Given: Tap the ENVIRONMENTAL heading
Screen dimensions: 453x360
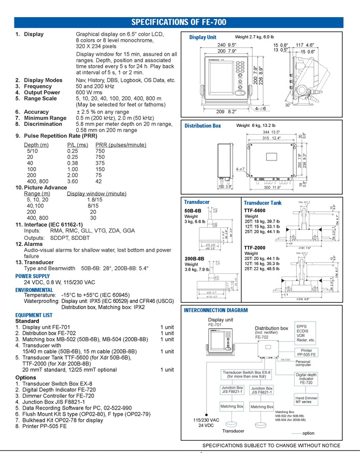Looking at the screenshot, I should [34, 290].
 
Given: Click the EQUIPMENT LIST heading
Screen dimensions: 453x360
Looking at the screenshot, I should [34, 315].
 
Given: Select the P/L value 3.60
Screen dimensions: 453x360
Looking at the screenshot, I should [74, 182].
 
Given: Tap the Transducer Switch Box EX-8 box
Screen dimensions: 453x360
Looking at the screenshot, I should [247, 375].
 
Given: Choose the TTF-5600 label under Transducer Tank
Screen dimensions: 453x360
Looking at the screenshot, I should [255, 211].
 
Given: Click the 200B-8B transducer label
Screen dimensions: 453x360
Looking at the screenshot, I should [195, 258].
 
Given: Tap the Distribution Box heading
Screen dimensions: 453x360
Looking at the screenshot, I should [203, 126].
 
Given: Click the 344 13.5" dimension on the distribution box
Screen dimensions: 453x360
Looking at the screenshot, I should [272, 133].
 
